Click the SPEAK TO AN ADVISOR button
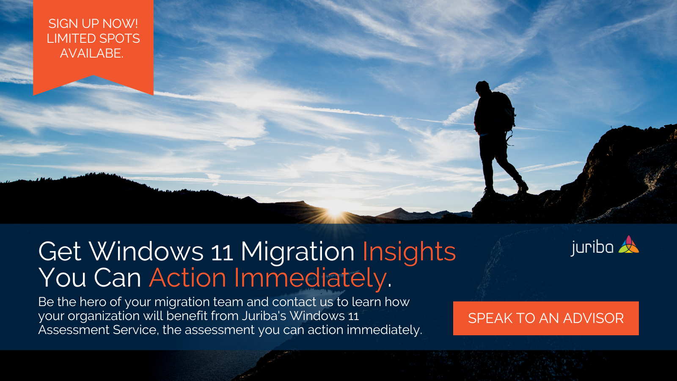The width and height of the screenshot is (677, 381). point(546,318)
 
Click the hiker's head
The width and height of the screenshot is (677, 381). point(482,87)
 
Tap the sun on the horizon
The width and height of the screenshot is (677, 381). point(335,212)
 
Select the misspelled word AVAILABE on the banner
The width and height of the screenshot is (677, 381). point(91,53)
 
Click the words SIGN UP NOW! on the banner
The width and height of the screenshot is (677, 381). point(93,24)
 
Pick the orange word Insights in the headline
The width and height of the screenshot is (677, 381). point(409,251)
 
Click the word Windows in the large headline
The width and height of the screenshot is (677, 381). point(146,251)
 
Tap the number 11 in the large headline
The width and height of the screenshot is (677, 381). point(222,253)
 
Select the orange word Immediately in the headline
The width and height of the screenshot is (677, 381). point(311,278)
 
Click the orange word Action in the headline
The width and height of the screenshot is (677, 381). point(187,278)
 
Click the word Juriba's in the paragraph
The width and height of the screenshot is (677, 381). point(264,316)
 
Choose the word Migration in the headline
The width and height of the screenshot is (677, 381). point(298,252)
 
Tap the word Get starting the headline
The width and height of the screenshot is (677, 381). point(60,251)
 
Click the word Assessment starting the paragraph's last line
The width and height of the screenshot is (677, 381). point(74,330)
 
